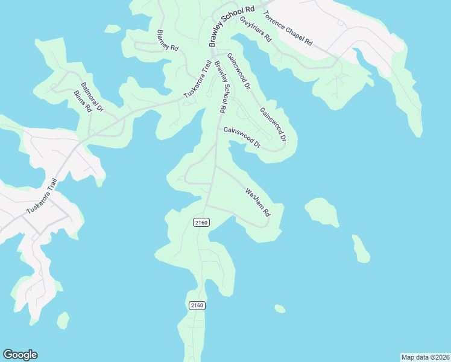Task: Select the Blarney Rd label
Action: pos(168,40)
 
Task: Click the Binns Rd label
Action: pos(82,102)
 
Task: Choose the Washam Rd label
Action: pos(257,202)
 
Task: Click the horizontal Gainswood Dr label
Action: pos(241,138)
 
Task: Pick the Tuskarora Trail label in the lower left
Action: pos(42,197)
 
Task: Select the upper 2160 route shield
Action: pos(201,223)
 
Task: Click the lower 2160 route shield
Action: pos(197,305)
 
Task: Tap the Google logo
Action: pos(20,355)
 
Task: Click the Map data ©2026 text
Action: pos(425,357)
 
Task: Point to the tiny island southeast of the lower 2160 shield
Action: pos(280,309)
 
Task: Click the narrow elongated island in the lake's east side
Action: pos(361,249)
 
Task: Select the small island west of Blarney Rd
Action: pos(112,28)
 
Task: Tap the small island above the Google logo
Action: pos(63,320)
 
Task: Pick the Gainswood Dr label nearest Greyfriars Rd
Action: pos(238,71)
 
